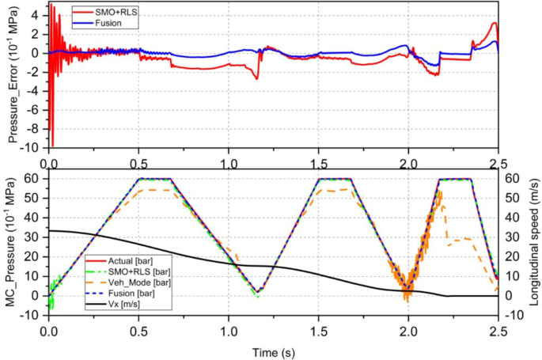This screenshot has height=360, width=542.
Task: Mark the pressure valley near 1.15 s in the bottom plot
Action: coord(256,291)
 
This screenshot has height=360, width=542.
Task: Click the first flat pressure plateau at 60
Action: coord(155,179)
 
